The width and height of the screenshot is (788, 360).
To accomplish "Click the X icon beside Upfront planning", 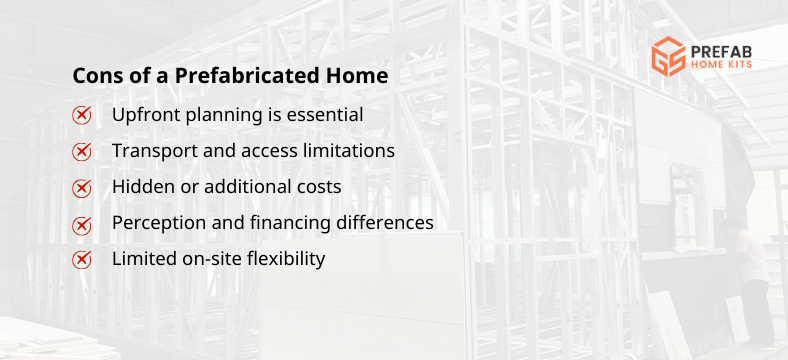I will [x=82, y=115].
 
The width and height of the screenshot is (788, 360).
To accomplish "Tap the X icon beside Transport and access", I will [x=82, y=152].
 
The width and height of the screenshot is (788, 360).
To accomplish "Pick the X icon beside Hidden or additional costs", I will [x=82, y=188].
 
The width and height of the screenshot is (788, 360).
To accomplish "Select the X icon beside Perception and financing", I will [x=82, y=224].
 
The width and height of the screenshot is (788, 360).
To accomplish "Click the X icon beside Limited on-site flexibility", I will [x=82, y=260].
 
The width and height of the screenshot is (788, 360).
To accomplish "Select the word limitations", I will [x=348, y=151].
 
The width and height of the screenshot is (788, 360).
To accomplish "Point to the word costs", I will [x=319, y=187].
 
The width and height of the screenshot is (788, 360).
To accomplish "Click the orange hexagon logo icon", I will [x=667, y=58].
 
